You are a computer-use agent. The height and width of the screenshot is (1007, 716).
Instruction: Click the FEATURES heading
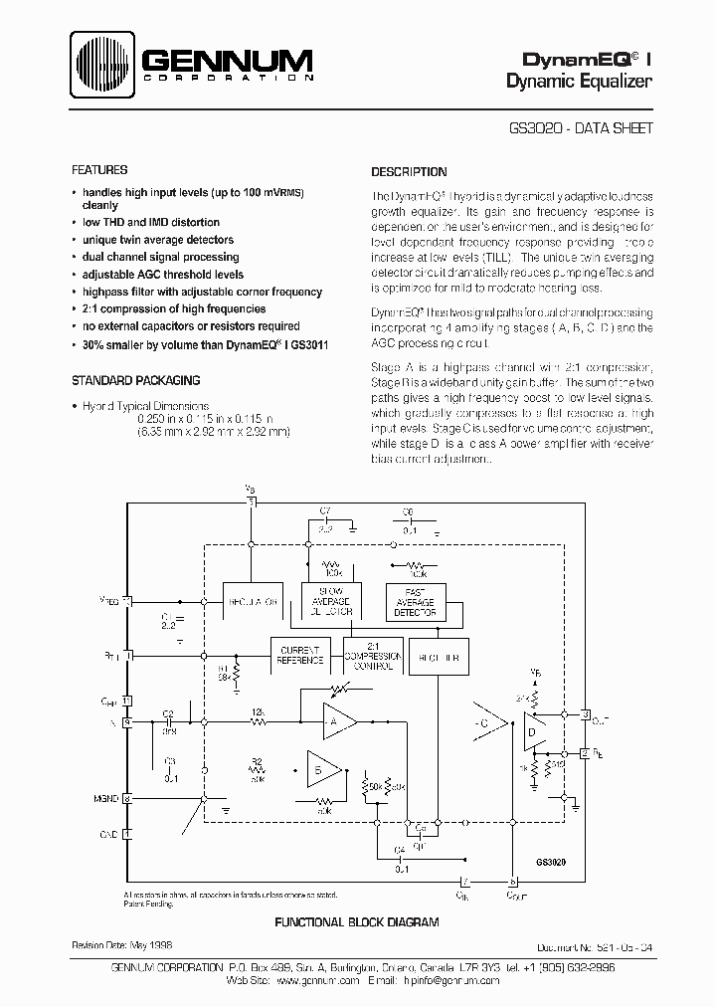[x=100, y=170]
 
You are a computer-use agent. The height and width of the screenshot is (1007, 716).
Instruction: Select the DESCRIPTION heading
[x=409, y=172]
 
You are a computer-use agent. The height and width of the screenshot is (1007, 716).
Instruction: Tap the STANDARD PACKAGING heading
[x=136, y=380]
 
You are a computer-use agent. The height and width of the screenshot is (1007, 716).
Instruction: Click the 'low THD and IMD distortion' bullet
[x=150, y=223]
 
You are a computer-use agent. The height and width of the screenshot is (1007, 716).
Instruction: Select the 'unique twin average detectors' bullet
[x=158, y=240]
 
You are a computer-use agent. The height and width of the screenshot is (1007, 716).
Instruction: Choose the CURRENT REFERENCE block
[x=299, y=654]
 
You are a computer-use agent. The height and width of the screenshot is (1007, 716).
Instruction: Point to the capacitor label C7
[x=324, y=510]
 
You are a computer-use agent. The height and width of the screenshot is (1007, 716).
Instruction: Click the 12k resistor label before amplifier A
[x=256, y=712]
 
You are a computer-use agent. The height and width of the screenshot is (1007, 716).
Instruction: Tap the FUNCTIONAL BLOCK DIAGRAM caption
[x=356, y=922]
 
